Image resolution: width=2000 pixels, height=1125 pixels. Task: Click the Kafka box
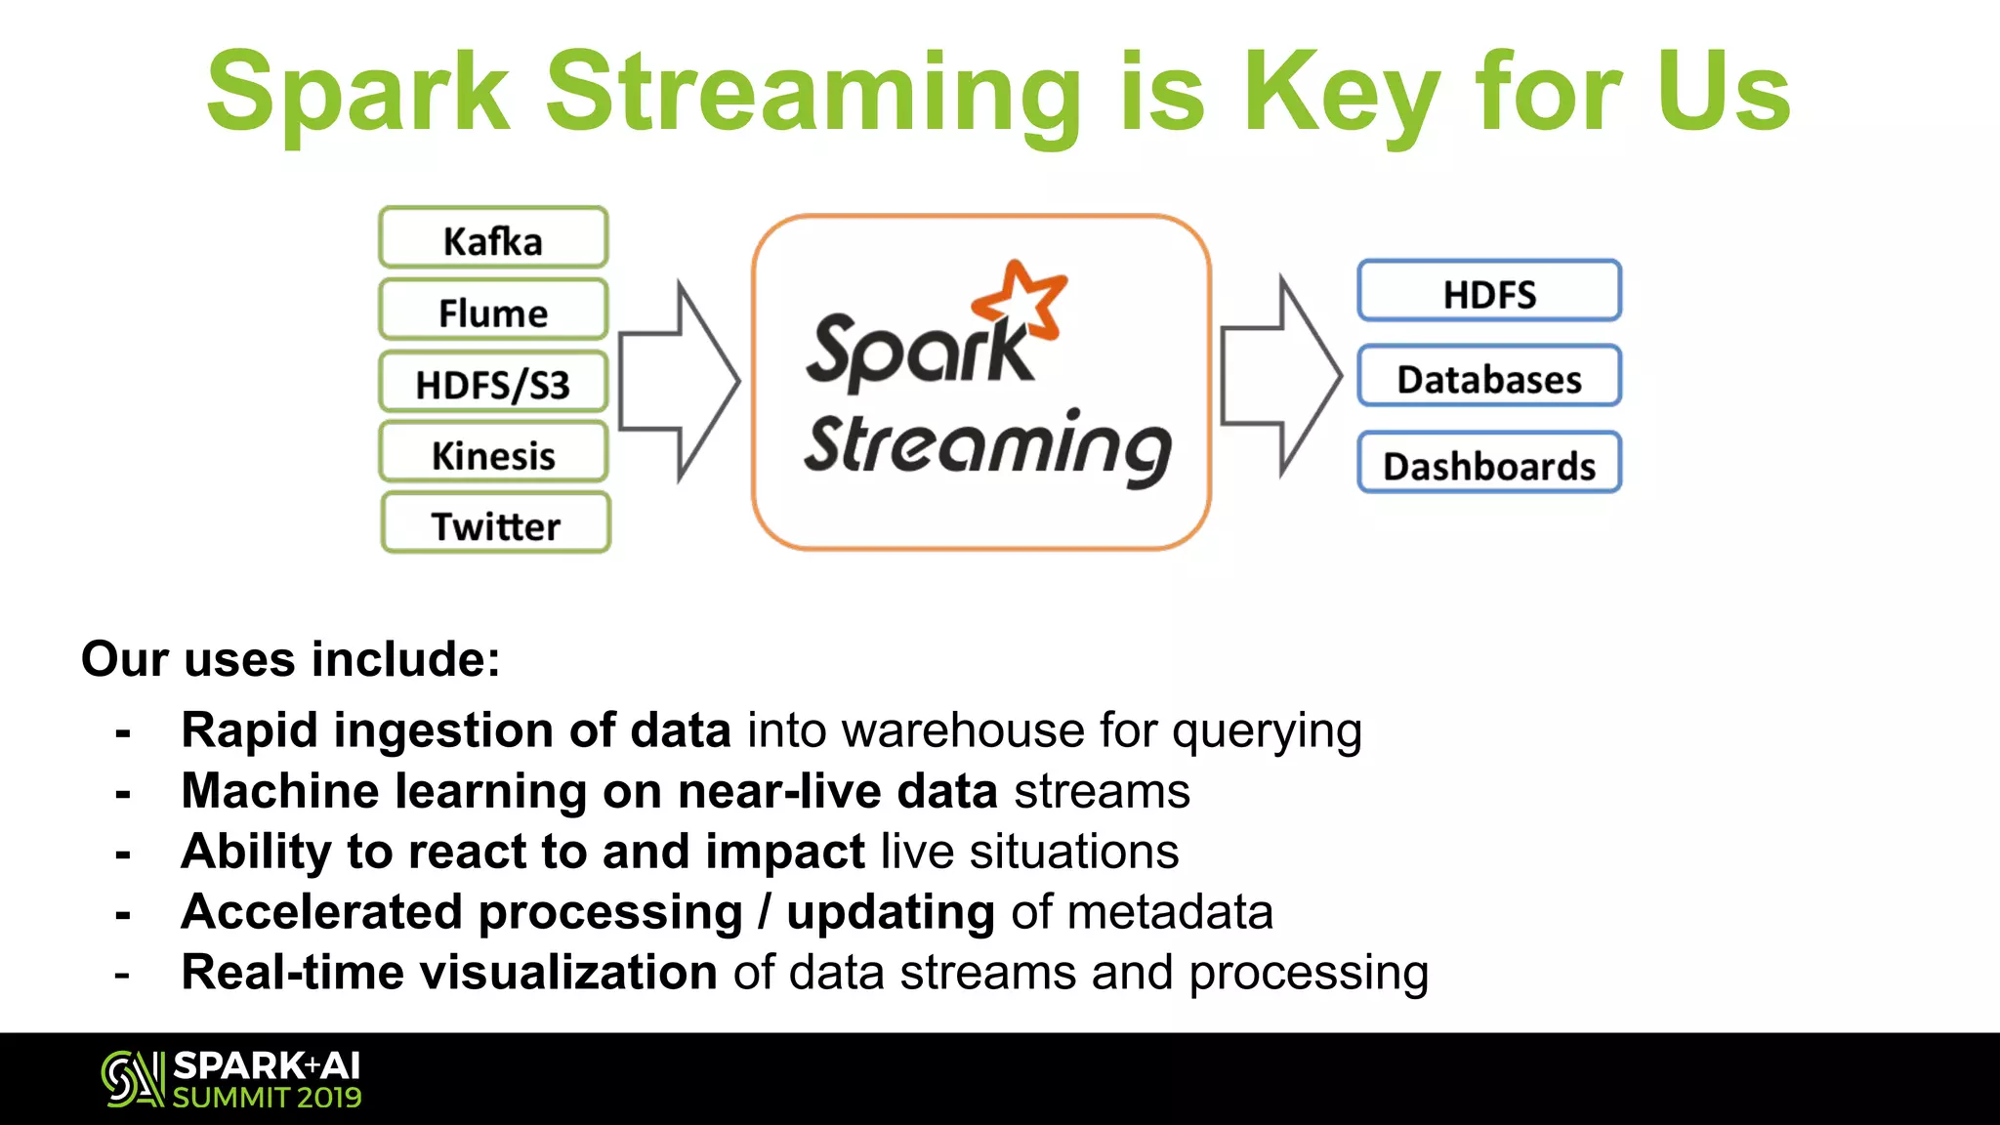pyautogui.click(x=493, y=238)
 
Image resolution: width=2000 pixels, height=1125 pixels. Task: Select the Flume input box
pyautogui.click(x=493, y=311)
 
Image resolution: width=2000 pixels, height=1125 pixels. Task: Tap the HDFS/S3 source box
pyautogui.click(x=493, y=383)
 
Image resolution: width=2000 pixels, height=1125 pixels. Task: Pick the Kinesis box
pyautogui.click(x=493, y=454)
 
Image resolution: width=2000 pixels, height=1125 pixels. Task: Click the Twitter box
pyautogui.click(x=495, y=524)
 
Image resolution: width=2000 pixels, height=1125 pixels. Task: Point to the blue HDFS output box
pyautogui.click(x=1489, y=292)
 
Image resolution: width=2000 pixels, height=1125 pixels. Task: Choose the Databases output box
pyautogui.click(x=1489, y=377)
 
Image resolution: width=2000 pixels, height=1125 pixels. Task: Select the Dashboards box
pyautogui.click(x=1489, y=464)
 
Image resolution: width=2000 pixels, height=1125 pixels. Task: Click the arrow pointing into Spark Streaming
pyautogui.click(x=679, y=382)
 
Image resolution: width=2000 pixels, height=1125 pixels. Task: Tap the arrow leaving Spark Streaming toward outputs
pyautogui.click(x=1280, y=377)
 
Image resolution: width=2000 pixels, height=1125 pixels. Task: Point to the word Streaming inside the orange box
pyautogui.click(x=986, y=446)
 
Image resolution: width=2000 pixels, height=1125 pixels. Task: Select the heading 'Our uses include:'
pyautogui.click(x=290, y=659)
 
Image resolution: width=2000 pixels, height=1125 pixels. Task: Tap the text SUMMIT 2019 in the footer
pyautogui.click(x=267, y=1098)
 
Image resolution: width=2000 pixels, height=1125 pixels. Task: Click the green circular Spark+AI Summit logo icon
pyautogui.click(x=132, y=1079)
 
